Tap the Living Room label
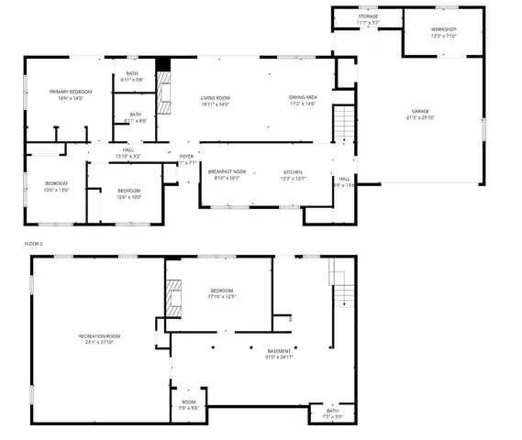pos(216,101)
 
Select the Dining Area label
pos(303,101)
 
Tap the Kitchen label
pos(293,175)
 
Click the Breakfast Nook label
pos(226,175)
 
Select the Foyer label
pos(186,159)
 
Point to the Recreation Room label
pos(99,339)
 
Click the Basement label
pos(279,354)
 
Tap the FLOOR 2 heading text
pos(35,244)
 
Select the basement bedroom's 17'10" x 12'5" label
pos(221,293)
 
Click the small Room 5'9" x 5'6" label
pos(188,405)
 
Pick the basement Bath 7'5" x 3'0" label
pos(332,413)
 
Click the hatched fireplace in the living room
pos(164,91)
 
